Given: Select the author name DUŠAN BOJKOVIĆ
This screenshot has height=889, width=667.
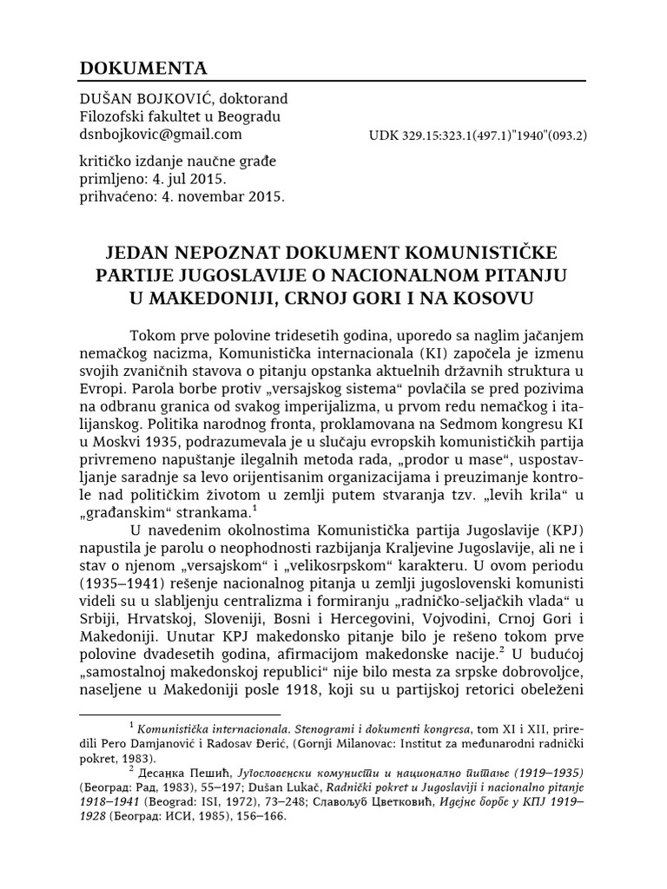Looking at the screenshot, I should (x=139, y=99).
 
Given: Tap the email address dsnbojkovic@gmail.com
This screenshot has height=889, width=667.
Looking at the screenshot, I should (x=161, y=134).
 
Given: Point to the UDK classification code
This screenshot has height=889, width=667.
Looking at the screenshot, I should (x=479, y=135).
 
